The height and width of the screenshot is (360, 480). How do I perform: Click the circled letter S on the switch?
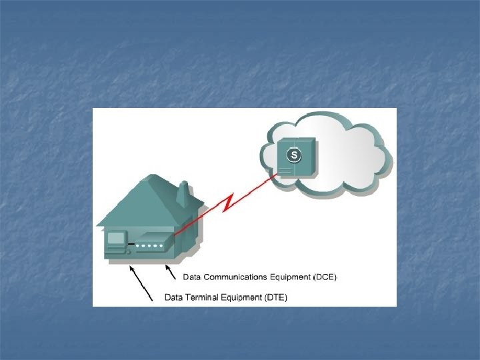point(293,155)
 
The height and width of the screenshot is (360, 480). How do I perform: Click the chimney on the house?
point(182,194)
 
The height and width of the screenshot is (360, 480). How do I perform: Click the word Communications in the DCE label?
point(235,276)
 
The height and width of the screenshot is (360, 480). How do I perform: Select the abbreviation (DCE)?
point(325,276)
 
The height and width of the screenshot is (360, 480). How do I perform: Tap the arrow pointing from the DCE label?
point(171,272)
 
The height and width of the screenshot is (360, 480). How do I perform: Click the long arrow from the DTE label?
point(141,283)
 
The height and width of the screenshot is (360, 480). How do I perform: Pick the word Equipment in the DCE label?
point(291,276)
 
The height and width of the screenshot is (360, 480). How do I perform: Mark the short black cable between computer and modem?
point(131,245)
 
